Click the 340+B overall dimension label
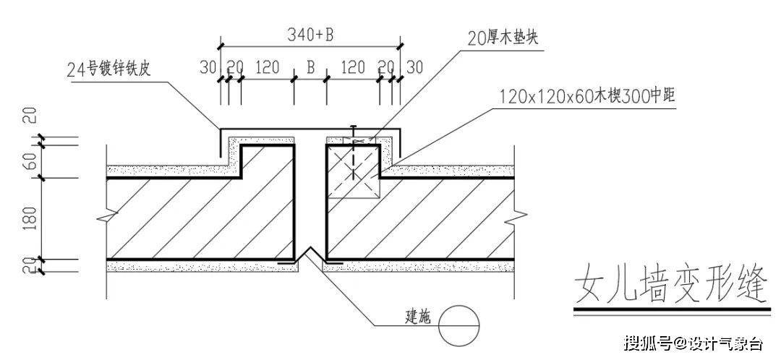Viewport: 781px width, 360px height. point(310,35)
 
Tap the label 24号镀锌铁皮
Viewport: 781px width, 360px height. point(108,69)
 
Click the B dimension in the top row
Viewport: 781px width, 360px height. point(310,67)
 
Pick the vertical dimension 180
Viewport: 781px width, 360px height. point(32,218)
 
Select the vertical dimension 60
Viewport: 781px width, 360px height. point(32,161)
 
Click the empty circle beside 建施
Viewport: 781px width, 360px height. point(458,325)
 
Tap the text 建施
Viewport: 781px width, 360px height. point(418,317)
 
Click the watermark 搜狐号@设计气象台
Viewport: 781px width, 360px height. point(693,343)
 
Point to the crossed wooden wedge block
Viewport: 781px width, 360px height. point(353,169)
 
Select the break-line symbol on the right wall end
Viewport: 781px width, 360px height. point(516,218)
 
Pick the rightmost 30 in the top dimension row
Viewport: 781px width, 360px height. point(414,67)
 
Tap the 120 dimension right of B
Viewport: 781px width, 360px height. point(353,67)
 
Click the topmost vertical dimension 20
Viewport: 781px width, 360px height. point(32,116)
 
